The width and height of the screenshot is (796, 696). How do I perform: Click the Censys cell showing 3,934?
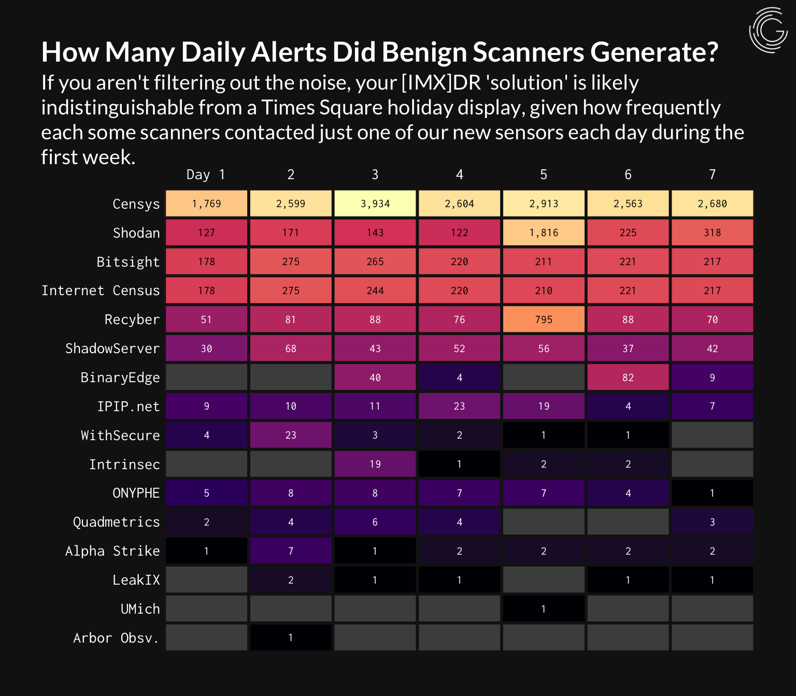[375, 204]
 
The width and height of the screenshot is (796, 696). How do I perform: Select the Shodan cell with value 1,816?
[544, 233]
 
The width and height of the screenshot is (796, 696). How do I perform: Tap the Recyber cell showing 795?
[544, 320]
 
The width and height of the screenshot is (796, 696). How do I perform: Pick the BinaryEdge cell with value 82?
[628, 378]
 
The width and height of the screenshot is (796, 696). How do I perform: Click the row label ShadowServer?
[112, 349]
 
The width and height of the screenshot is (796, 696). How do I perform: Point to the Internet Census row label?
[101, 291]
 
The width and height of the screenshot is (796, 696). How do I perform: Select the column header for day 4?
[459, 175]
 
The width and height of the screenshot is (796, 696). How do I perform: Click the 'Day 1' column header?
[206, 175]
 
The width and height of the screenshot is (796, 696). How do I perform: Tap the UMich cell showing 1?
[544, 609]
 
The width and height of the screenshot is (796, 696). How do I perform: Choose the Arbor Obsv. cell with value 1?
[291, 637]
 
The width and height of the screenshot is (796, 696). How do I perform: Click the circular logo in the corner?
[769, 30]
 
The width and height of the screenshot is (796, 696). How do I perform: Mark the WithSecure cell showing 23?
[291, 435]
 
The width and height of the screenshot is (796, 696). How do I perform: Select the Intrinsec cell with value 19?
[375, 464]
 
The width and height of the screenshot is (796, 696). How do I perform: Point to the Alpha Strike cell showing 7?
[291, 551]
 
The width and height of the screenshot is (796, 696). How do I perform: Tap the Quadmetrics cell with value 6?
[375, 522]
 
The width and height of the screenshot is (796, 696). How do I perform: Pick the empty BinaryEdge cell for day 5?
[544, 378]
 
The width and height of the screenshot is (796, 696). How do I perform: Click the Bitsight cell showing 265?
[375, 262]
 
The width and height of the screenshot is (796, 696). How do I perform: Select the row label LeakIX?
[136, 580]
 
